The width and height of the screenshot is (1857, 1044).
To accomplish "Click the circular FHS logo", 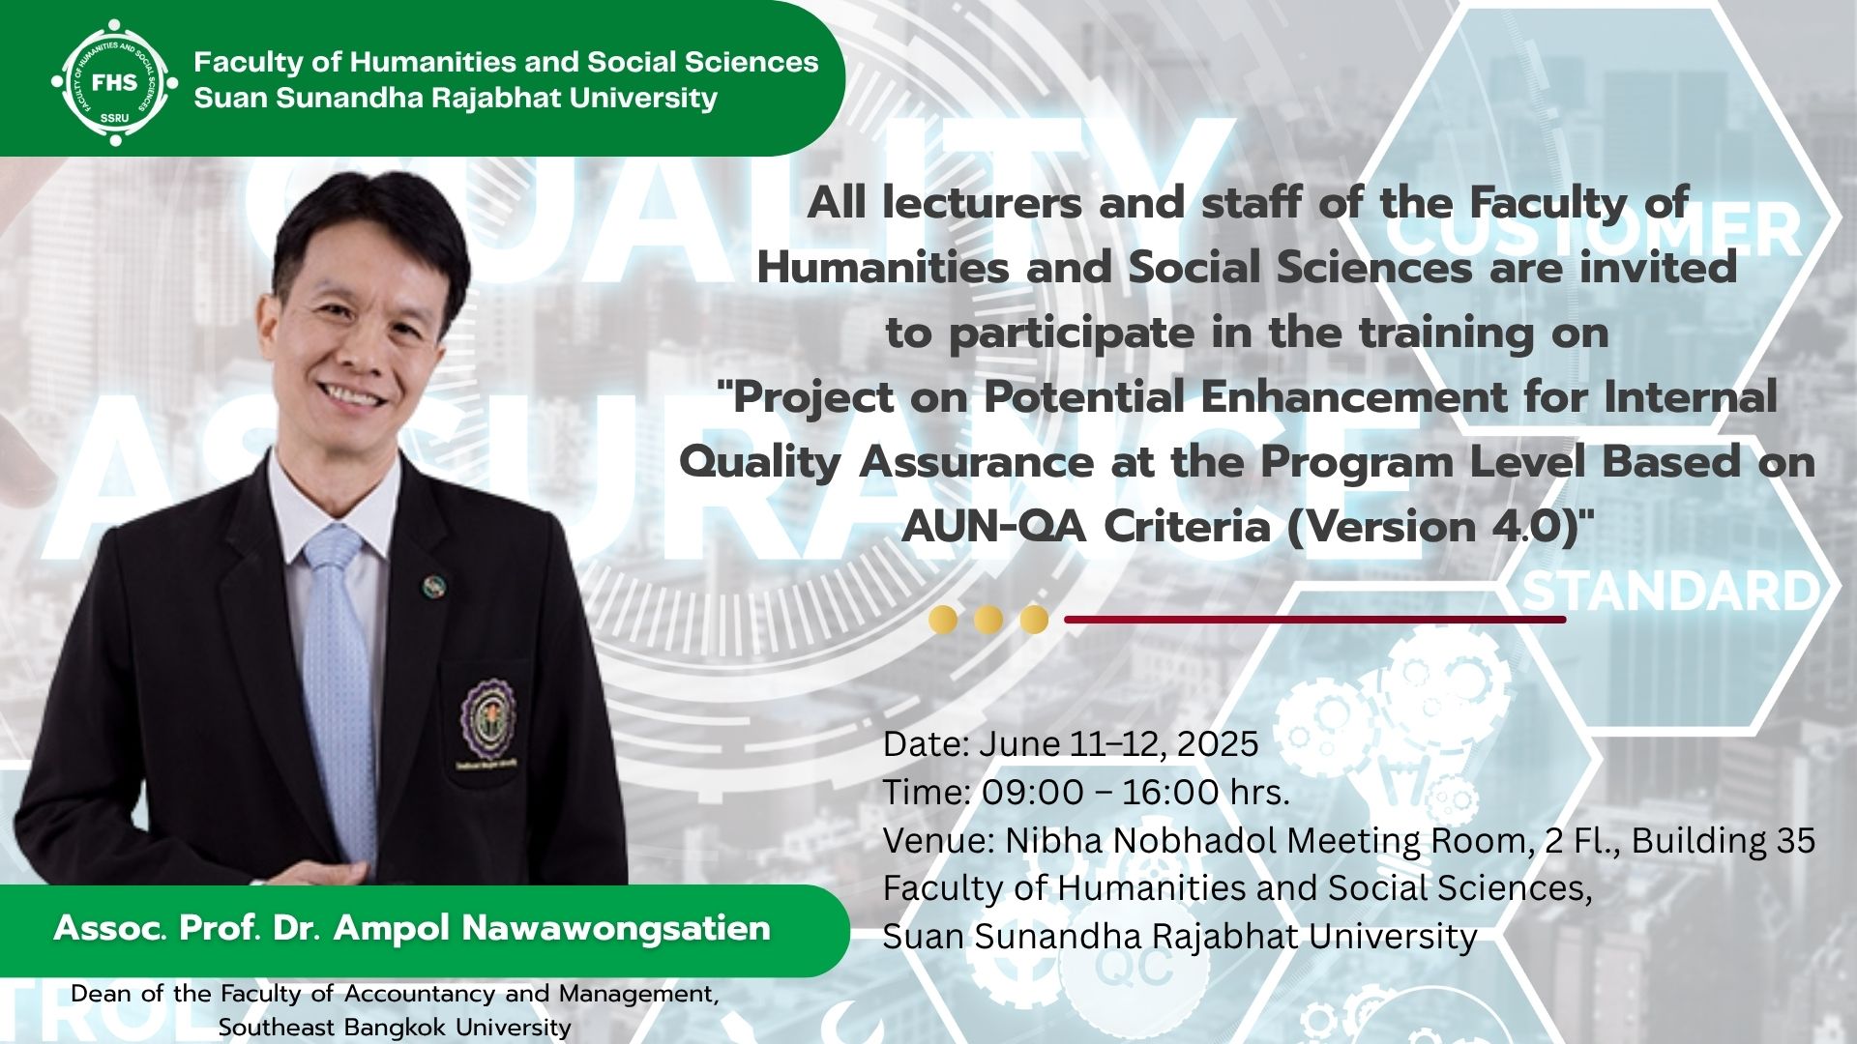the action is click(x=114, y=82).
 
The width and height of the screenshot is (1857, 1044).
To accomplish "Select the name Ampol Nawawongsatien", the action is click(x=552, y=928).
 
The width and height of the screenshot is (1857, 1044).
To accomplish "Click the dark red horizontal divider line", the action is click(x=1315, y=619).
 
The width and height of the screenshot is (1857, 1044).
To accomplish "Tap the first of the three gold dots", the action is click(x=943, y=619).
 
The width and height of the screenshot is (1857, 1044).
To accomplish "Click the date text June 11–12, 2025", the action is click(x=1119, y=743).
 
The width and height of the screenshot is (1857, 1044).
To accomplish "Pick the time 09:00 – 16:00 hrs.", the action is click(x=1136, y=792).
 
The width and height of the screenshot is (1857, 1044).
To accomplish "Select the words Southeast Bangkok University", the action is click(x=395, y=1027).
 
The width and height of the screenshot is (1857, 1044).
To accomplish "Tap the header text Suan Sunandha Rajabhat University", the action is click(x=456, y=98).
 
